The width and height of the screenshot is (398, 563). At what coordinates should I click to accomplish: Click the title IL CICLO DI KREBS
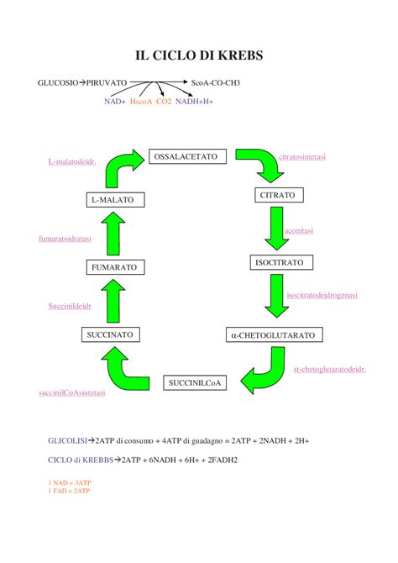coord(199,55)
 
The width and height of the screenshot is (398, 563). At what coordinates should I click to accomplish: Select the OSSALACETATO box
coord(186,156)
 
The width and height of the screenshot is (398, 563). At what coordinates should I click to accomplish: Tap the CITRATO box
coord(276,196)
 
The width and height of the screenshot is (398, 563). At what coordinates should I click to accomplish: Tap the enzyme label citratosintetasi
coord(302,157)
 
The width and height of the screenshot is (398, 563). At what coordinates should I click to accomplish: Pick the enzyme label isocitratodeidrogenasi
coord(322,295)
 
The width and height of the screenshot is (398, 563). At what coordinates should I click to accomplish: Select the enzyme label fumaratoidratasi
coord(65,239)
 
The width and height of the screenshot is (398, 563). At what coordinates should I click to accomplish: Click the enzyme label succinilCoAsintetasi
coord(71,392)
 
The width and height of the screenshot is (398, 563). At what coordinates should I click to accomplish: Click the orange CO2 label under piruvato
coord(163,101)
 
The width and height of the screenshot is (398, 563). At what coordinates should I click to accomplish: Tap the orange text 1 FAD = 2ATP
coord(70,491)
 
